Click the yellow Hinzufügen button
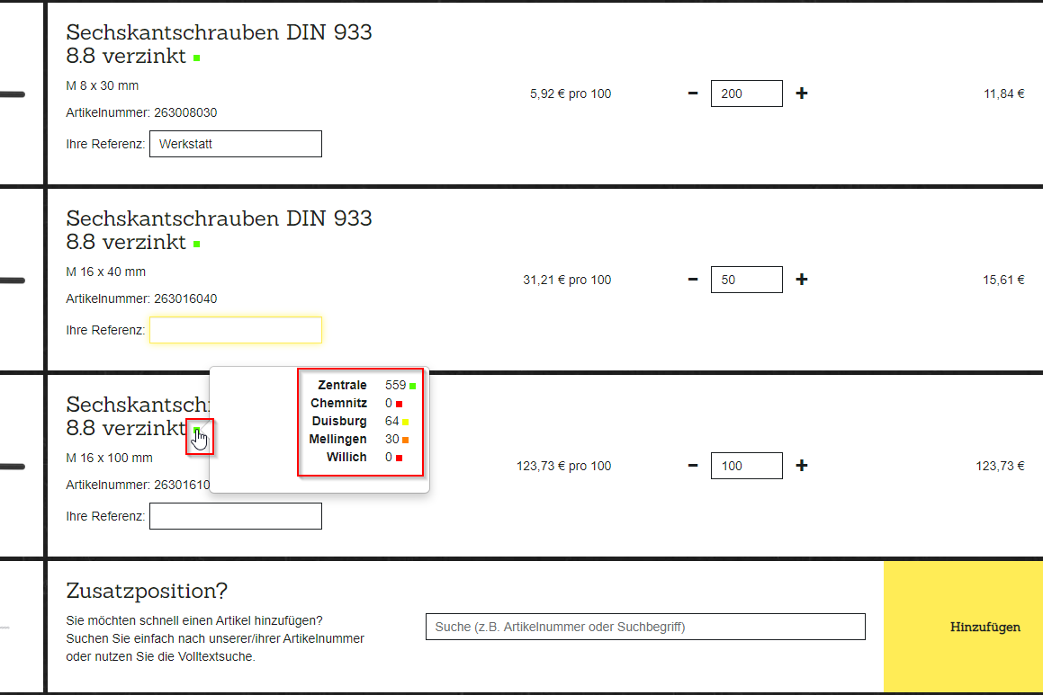click(963, 627)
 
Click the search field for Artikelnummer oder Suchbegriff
click(645, 627)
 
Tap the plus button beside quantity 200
click(802, 94)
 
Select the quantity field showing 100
click(746, 466)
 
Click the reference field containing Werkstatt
click(236, 144)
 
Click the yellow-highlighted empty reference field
click(236, 330)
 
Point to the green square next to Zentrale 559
click(412, 386)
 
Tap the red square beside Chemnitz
click(399, 404)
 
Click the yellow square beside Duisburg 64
click(405, 422)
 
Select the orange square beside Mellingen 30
click(405, 440)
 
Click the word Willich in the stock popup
click(346, 457)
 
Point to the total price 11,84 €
click(1003, 94)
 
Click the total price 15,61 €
click(1003, 280)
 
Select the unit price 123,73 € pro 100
click(563, 466)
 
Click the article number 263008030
click(185, 113)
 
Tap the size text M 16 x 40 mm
click(106, 272)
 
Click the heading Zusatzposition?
click(147, 591)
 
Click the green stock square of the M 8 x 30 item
click(197, 58)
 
